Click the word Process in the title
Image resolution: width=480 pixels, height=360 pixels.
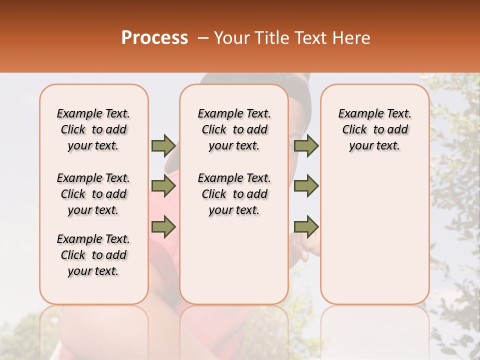pos(154,38)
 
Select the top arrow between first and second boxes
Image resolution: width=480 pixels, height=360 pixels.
pos(163,146)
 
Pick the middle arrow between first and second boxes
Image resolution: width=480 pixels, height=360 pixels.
pos(163,186)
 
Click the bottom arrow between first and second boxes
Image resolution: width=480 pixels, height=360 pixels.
pos(163,227)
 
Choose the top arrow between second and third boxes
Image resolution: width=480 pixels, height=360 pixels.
pos(306,146)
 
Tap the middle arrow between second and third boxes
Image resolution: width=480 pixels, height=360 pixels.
pos(306,186)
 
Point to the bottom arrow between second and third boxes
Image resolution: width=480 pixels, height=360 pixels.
pos(306,227)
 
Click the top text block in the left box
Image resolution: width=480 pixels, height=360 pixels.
pos(93,129)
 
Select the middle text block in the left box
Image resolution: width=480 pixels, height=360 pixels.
pos(93,194)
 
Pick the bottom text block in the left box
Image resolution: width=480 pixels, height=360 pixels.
pos(93,255)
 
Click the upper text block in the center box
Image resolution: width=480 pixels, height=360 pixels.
pos(234,129)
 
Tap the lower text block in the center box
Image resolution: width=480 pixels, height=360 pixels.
pos(234,194)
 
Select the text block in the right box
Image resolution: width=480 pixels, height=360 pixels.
pos(374,129)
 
